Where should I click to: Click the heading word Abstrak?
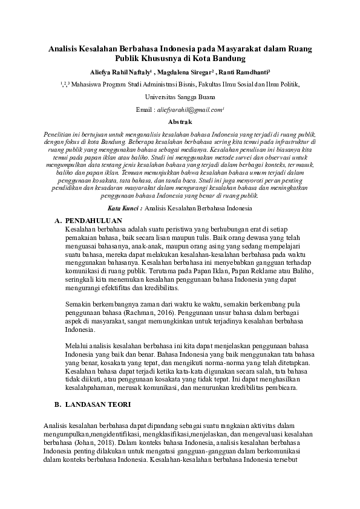180,122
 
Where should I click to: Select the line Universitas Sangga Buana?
180,97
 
